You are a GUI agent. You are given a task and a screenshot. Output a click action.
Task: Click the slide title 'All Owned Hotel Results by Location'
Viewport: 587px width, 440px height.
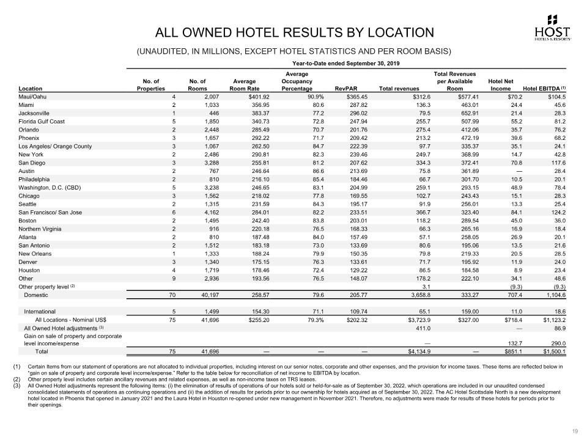[x=295, y=32]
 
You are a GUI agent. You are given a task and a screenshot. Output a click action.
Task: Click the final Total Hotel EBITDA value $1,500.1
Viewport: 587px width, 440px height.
[x=552, y=351]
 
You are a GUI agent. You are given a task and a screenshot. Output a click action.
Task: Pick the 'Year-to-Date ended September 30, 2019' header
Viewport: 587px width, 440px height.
[x=345, y=64]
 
